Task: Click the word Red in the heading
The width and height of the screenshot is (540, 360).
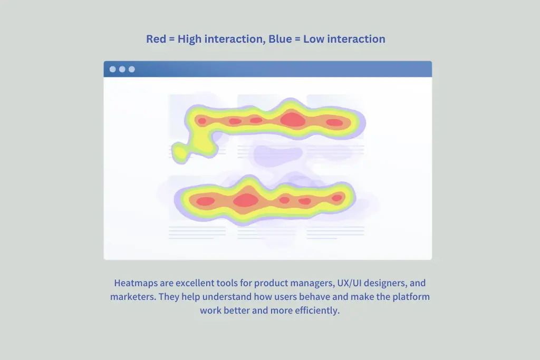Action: pos(156,39)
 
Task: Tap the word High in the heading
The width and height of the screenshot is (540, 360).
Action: pos(189,39)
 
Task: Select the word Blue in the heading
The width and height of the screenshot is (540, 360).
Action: pos(280,39)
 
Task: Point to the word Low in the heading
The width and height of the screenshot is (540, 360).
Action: pos(314,39)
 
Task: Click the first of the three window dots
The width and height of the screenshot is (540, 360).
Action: pos(113,69)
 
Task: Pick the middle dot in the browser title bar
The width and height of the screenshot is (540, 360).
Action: pos(122,69)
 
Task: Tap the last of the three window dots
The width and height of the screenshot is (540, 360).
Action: pos(132,69)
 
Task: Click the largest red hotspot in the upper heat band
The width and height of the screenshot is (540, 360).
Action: pos(293,120)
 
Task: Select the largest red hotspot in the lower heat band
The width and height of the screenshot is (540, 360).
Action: pos(246,200)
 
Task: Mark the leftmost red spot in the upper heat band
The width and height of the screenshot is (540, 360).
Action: pos(202,121)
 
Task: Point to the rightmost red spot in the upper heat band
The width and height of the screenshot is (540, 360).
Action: pos(334,122)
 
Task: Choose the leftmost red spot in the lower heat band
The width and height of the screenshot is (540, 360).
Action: pos(206,201)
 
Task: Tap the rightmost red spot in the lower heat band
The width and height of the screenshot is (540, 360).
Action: pos(337,198)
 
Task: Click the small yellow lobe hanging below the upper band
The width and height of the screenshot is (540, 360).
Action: pos(180,152)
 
